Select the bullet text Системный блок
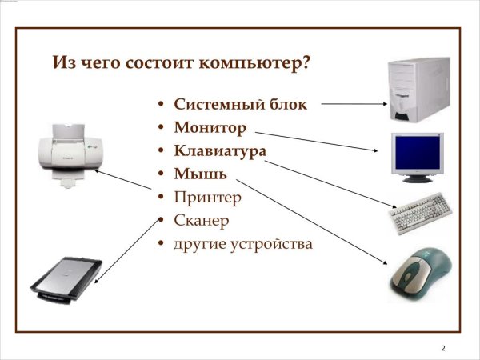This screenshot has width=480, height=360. click(x=239, y=105)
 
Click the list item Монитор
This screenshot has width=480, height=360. click(x=210, y=127)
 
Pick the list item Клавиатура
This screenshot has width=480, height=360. click(x=220, y=150)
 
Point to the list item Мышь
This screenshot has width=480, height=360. click(x=200, y=173)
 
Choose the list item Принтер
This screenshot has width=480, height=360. click(x=207, y=196)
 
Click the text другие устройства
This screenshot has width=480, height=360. click(x=242, y=242)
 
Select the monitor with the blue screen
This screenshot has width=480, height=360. click(x=417, y=154)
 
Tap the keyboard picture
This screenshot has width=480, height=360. click(x=420, y=214)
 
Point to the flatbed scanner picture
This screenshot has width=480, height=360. click(x=66, y=277)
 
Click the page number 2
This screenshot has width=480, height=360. click(x=443, y=348)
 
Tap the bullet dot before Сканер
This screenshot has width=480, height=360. click(x=162, y=220)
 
